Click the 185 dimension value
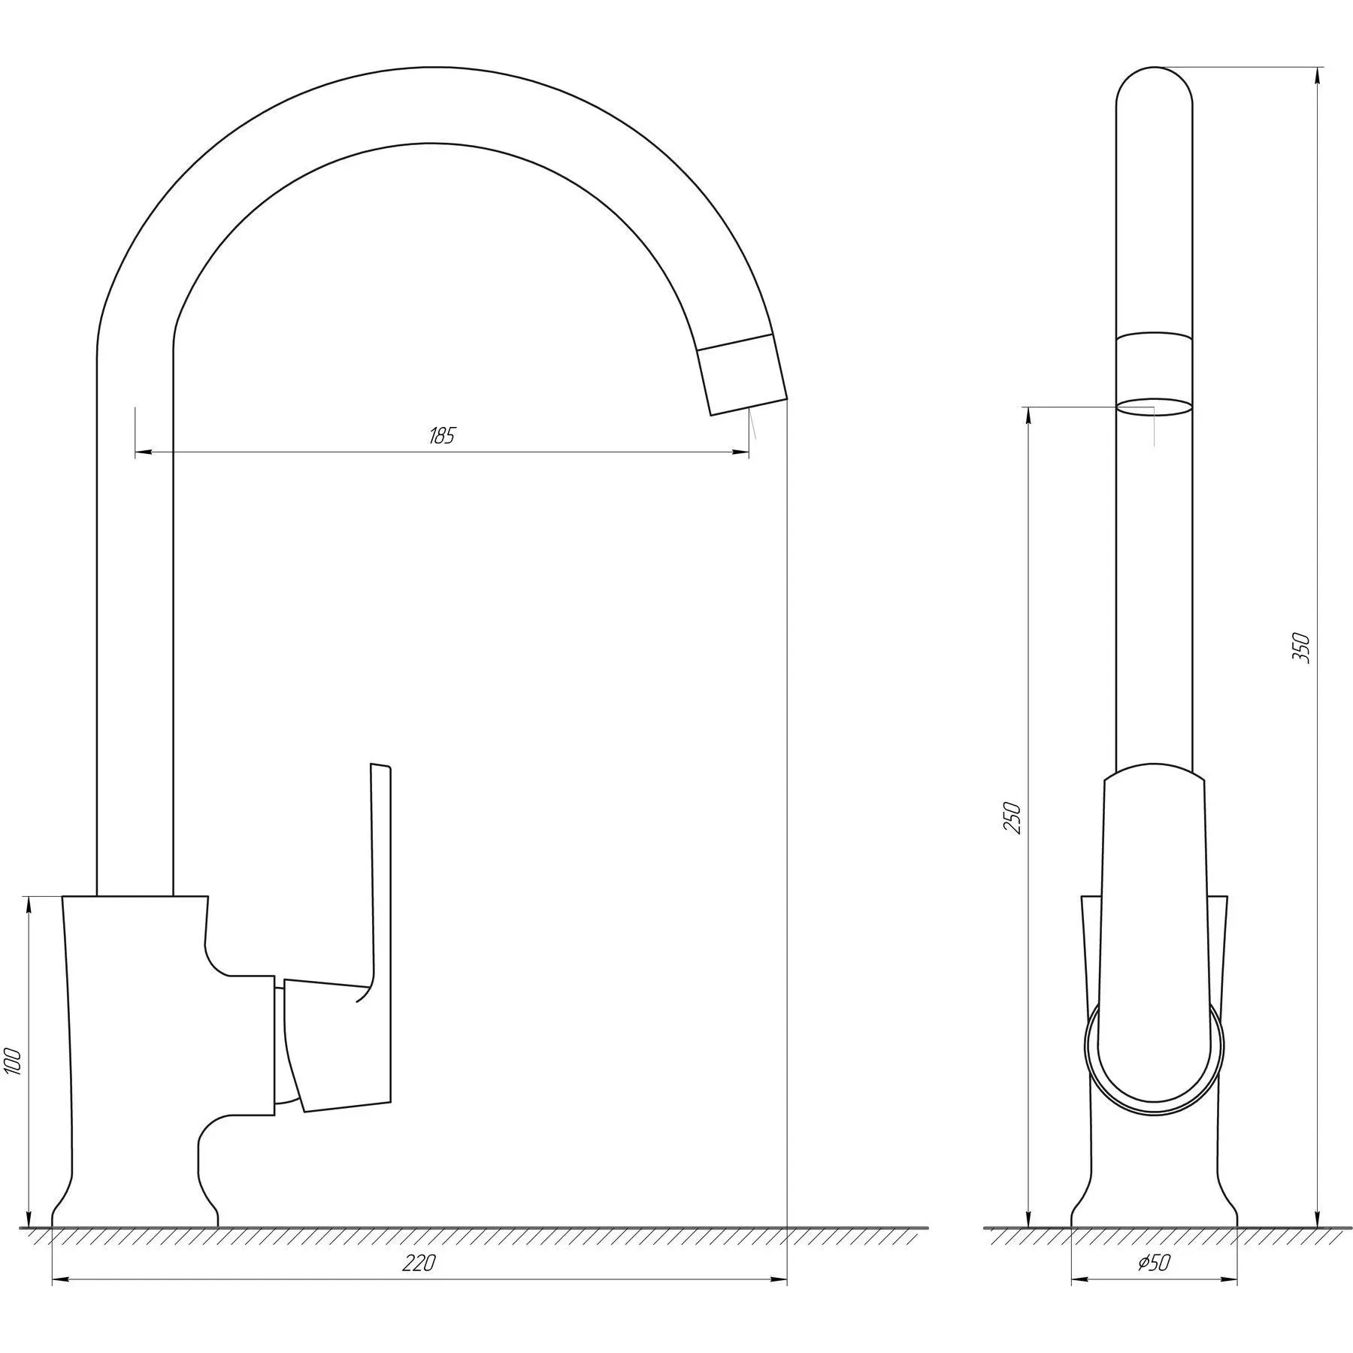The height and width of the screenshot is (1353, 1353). (442, 436)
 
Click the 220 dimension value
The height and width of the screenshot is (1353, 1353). (419, 1264)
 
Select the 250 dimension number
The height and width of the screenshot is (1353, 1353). (1012, 819)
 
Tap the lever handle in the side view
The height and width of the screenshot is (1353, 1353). (339, 1044)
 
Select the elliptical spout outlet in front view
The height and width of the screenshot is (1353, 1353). (1154, 407)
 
